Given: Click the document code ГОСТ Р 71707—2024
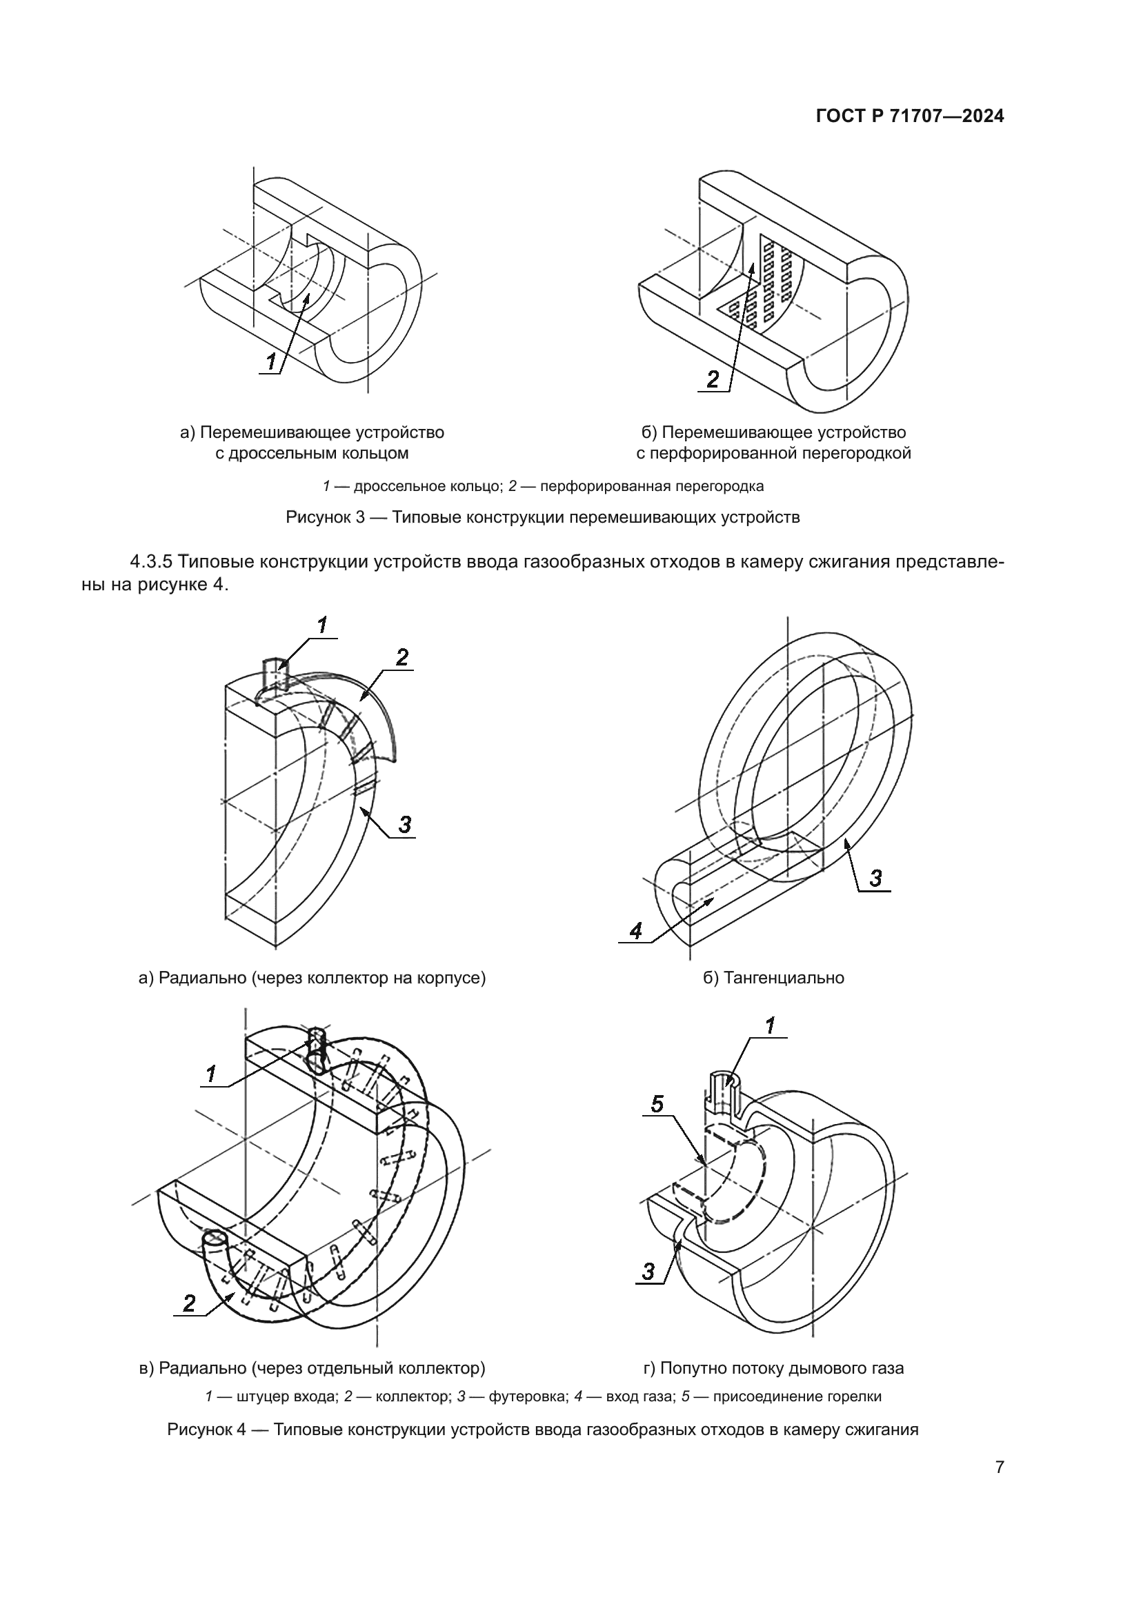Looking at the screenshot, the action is (910, 117).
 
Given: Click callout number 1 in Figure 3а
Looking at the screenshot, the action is (271, 363).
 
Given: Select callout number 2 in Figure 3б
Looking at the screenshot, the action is (713, 379).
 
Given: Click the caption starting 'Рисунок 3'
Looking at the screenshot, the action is (542, 518).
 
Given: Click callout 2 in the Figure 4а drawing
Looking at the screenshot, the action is (402, 658).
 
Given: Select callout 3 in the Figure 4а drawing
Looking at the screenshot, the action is (406, 824).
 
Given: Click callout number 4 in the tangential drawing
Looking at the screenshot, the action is (636, 932).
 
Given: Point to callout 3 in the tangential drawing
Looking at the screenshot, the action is (875, 878).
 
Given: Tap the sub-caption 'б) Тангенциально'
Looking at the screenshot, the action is (773, 977).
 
